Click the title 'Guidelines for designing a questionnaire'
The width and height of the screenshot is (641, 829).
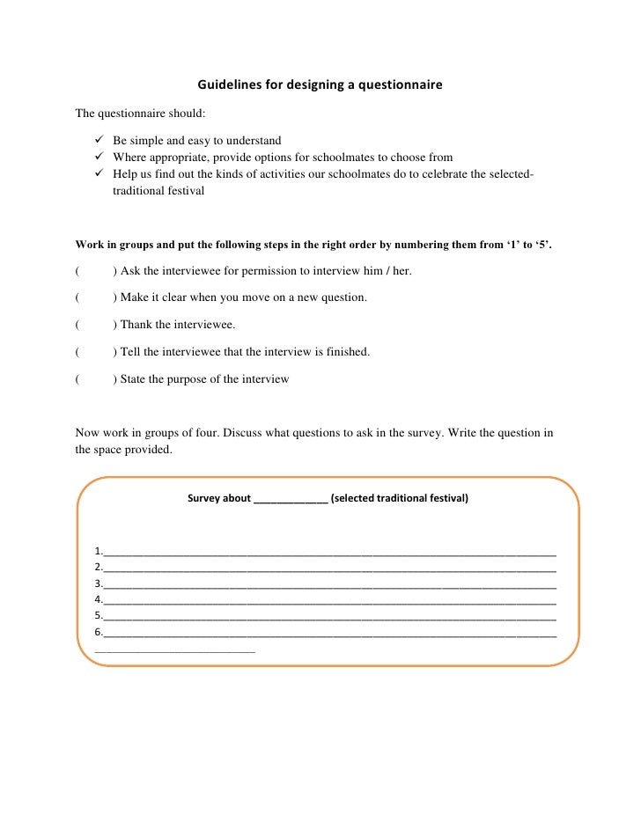coord(320,85)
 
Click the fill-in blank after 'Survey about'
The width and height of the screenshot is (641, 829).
coord(291,499)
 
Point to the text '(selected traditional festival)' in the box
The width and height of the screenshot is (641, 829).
coord(400,498)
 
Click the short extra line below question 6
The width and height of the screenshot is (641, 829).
coord(173,650)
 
